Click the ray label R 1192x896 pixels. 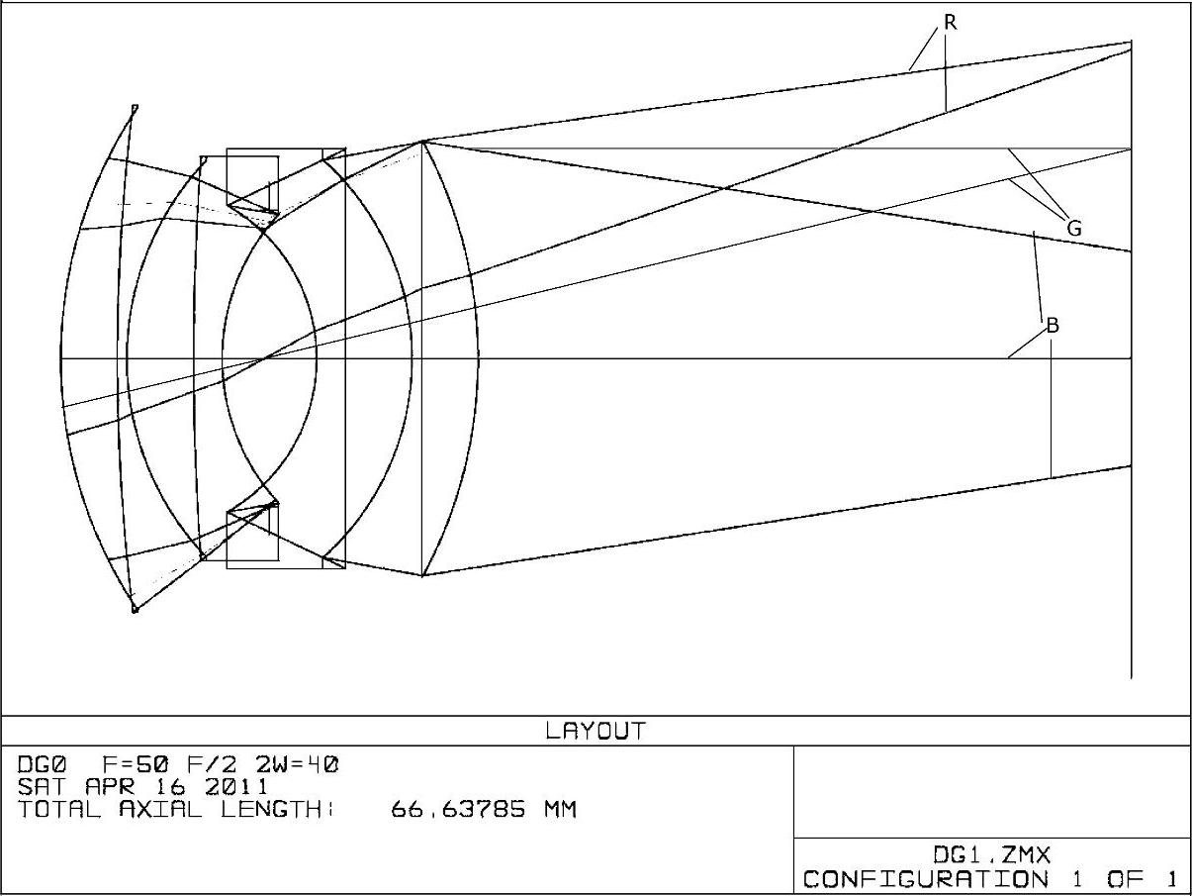pos(950,23)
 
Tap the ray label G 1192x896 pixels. pos(1074,228)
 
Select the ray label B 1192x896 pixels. pos(1053,325)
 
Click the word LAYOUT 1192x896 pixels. pos(596,731)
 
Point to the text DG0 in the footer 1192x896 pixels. pos(42,764)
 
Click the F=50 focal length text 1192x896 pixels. pos(136,764)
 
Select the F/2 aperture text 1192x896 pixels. pos(213,764)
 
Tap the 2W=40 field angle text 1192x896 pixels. pos(297,764)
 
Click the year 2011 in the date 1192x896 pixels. pos(236,787)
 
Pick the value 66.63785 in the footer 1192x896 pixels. pos(458,810)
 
